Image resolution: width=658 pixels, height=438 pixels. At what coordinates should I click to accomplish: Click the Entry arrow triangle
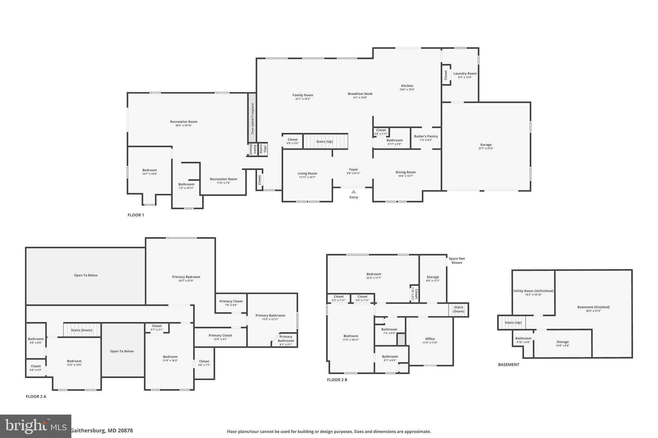353,192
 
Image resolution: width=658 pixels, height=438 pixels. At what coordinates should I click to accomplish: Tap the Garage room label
485,145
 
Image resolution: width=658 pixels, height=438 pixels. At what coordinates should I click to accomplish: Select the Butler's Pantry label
426,136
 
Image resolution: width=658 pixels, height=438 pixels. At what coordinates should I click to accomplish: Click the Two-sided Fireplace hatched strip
252,118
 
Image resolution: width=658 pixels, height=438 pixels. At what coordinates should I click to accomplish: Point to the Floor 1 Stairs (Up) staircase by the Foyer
325,142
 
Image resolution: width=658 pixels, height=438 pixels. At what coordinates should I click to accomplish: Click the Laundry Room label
465,73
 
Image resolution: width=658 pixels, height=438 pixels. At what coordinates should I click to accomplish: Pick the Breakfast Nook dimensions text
360,98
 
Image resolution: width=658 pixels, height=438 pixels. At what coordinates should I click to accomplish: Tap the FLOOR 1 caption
136,215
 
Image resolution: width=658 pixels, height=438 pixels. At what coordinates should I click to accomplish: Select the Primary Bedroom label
186,277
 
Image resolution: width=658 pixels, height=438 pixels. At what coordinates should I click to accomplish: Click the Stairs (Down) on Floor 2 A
82,330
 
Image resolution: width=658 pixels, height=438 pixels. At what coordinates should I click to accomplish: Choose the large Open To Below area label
86,275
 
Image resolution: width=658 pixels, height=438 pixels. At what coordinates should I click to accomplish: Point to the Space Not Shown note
457,261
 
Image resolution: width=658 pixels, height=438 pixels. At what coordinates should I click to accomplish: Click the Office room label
430,339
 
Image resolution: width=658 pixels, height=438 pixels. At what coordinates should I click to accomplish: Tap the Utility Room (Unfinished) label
533,291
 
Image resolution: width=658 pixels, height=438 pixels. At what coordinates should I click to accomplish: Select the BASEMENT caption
508,365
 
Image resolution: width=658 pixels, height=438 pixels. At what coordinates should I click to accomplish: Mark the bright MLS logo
35,426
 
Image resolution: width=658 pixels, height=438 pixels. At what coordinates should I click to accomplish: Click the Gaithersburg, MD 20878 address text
102,431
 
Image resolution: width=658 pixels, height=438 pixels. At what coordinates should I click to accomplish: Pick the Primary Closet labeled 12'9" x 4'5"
220,336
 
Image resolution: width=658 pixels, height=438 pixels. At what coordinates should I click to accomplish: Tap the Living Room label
307,174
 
